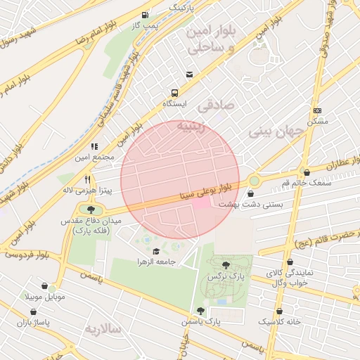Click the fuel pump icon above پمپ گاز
145,15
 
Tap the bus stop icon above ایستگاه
174,92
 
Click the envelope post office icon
189,75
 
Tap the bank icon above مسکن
318,110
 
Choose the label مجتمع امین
96,157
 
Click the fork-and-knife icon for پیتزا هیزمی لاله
88,179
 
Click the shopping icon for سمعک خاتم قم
306,172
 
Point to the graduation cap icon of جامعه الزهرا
155,251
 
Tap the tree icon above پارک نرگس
225,265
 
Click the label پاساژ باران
35,321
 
